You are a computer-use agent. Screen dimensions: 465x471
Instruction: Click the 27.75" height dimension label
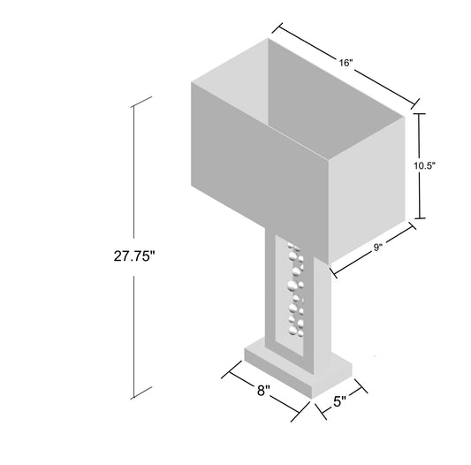pyautogui.click(x=134, y=257)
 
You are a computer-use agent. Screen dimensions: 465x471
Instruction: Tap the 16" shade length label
pyautogui.click(x=345, y=63)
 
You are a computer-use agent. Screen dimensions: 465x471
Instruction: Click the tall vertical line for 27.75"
pyautogui.click(x=133, y=177)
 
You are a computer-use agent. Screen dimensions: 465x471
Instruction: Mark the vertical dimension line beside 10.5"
pyautogui.click(x=421, y=141)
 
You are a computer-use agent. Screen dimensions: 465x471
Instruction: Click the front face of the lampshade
pyautogui.click(x=261, y=168)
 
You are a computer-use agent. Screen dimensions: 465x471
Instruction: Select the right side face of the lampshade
pyautogui.click(x=368, y=186)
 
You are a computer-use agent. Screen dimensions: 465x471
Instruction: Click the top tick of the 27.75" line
pyautogui.click(x=133, y=104)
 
